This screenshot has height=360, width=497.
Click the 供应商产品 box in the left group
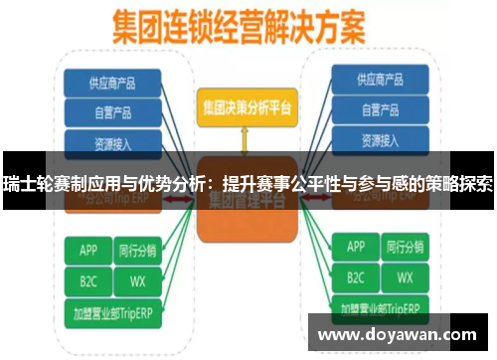point(113,81)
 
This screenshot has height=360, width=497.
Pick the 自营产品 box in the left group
point(113,110)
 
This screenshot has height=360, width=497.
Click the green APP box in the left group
point(87,247)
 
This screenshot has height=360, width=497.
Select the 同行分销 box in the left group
point(138,247)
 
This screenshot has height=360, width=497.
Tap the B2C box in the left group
point(87,279)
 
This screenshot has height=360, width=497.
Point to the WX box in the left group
point(138,279)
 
